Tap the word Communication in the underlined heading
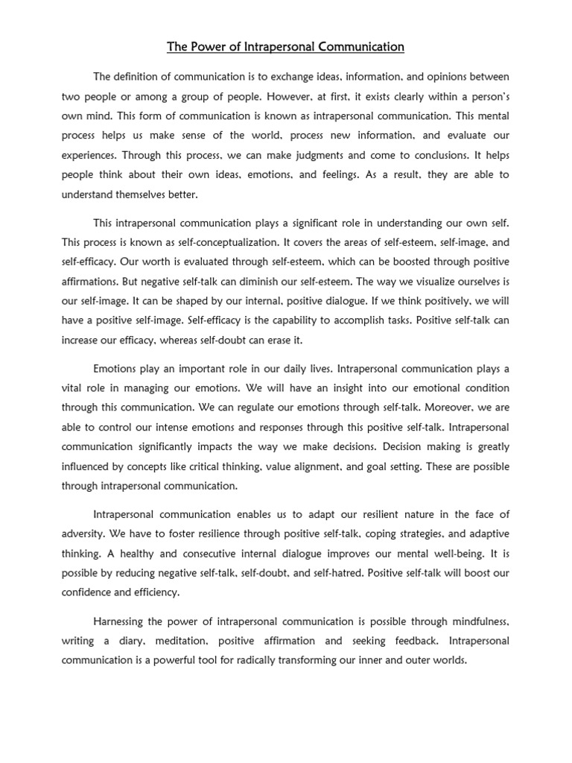pos(355,47)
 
